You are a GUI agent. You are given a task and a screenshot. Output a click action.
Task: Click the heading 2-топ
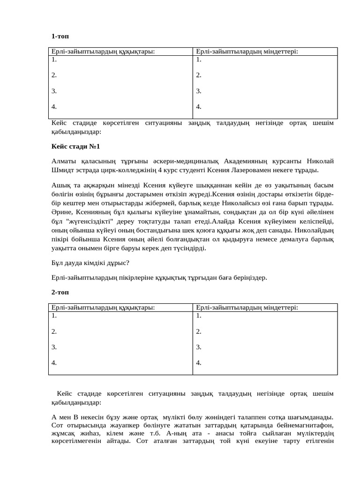pyautogui.click(x=60, y=292)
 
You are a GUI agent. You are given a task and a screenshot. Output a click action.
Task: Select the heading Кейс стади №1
pyautogui.click(x=75, y=147)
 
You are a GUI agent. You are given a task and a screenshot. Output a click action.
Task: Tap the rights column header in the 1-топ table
pyautogui.click(x=103, y=52)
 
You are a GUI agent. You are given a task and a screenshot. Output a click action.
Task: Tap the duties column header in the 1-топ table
pyautogui.click(x=247, y=52)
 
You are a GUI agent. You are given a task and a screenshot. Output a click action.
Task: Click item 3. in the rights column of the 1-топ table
pyautogui.click(x=54, y=91)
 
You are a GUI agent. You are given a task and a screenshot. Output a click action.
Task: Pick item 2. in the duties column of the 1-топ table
pyautogui.click(x=199, y=75)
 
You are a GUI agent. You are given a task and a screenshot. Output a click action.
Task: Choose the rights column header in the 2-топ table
pyautogui.click(x=103, y=307)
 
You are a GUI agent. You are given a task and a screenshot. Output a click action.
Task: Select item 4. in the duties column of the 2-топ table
pyautogui.click(x=199, y=363)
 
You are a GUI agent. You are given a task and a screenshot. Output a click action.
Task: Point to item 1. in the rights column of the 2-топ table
pyautogui.click(x=54, y=315)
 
